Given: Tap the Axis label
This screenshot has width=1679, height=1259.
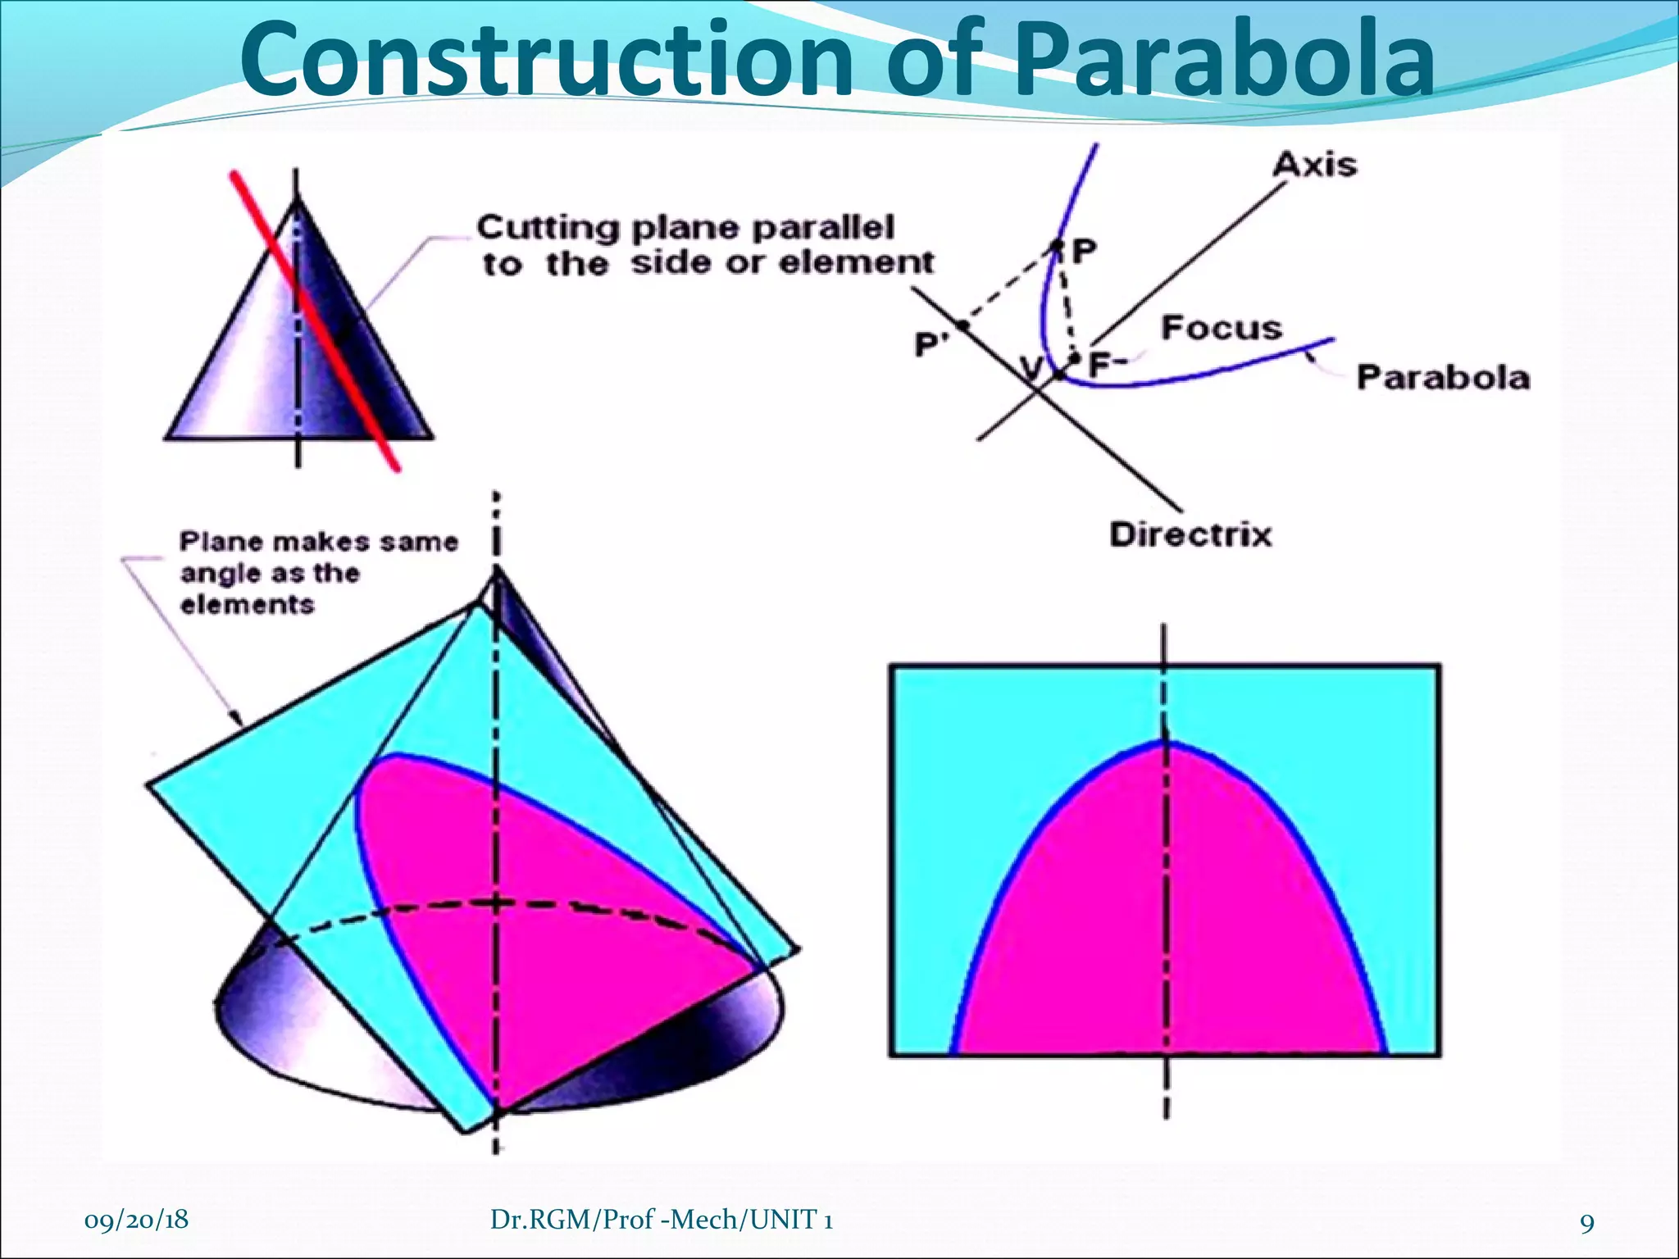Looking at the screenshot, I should tap(1314, 165).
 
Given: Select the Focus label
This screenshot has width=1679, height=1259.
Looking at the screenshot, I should tap(1221, 328).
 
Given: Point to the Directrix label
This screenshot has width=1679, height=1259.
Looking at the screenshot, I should tap(1190, 534).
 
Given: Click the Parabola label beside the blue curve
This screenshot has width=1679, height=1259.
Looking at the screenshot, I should tap(1442, 378).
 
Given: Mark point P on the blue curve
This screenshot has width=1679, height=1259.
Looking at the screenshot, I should tap(1058, 245).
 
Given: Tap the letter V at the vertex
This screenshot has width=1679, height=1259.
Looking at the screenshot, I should tap(1032, 368).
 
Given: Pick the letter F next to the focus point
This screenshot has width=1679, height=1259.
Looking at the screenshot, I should tap(1099, 364).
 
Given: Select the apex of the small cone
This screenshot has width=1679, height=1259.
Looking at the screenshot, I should tap(297, 198).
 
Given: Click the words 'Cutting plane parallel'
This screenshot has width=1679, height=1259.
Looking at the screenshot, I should tap(685, 228).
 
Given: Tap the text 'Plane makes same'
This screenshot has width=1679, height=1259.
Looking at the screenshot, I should tap(319, 542).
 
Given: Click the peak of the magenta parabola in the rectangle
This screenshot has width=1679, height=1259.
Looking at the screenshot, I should tap(1167, 743).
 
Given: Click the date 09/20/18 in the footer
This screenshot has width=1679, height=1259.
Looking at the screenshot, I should tap(136, 1220).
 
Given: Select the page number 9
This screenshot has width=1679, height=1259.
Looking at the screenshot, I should tap(1587, 1223).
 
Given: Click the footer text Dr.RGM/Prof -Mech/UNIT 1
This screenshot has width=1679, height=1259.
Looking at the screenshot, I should tap(662, 1220).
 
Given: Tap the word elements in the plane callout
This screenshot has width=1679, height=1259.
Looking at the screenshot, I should tap(247, 606).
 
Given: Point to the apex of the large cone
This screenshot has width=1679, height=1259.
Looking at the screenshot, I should tap(496, 570).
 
